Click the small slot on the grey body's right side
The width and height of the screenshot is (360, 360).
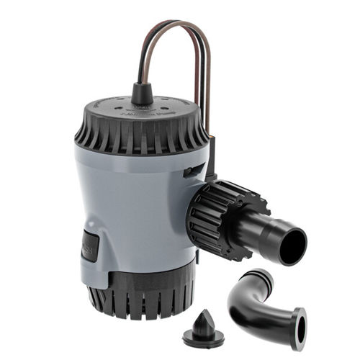192,171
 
